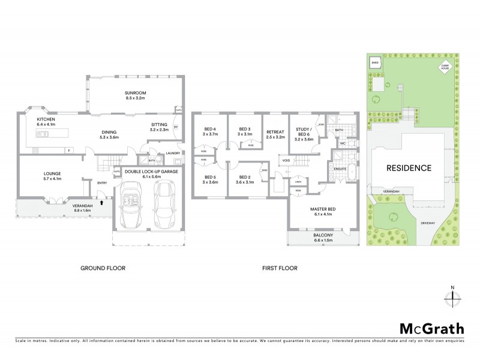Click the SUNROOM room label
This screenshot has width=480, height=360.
point(136,93)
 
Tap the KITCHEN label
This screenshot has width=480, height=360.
point(46,119)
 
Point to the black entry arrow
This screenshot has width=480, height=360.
point(101,203)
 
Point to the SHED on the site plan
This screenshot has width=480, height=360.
point(375,62)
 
